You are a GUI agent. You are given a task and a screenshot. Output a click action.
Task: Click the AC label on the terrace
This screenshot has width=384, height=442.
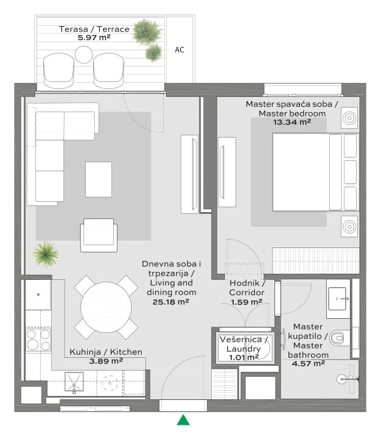click(180, 50)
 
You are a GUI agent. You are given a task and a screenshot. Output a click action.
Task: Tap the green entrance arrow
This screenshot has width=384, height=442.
click(183, 419)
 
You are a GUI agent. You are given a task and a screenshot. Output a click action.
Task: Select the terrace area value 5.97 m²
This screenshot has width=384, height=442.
click(94, 37)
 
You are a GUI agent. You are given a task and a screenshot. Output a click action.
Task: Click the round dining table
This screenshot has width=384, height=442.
click(106, 307)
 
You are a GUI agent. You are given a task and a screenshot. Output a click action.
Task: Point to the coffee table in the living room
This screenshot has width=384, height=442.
click(99, 180)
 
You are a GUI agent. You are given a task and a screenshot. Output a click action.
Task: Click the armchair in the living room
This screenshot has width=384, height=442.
click(99, 235)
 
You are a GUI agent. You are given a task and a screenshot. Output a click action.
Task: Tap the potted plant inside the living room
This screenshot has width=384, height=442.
click(46, 254)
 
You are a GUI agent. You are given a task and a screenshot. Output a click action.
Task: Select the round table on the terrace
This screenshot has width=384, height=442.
click(83, 55)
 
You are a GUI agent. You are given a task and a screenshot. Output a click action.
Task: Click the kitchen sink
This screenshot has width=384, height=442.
click(74, 382)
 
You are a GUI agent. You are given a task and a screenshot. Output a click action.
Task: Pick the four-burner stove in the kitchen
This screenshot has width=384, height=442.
click(38, 340)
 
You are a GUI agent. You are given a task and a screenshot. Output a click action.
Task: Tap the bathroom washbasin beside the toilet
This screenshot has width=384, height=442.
click(337, 299)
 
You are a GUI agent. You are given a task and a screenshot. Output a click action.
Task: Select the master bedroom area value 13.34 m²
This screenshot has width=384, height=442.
click(292, 123)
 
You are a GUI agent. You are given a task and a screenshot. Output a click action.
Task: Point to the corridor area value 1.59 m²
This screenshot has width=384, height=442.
click(246, 302)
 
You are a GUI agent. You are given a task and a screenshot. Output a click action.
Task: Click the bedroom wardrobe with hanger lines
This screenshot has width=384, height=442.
click(316, 261)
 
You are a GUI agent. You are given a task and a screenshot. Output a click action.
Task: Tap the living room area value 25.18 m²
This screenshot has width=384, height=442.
click(171, 302)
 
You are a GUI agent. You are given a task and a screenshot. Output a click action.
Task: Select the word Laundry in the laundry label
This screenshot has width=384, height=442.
click(243, 349)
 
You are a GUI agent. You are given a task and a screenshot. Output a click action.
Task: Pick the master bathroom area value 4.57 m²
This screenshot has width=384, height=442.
click(309, 363)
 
